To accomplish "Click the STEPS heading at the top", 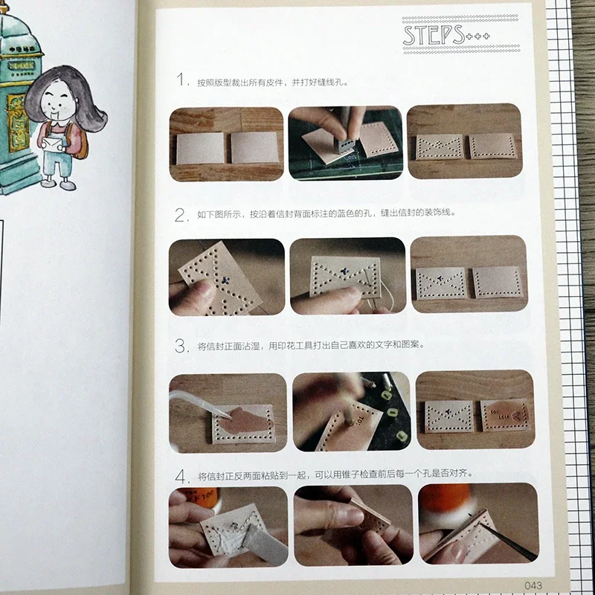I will point(433,34).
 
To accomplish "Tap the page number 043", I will point(515,583).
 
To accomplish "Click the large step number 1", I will point(179,81).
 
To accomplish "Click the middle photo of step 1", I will point(345,144).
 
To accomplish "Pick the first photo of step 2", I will point(226,277).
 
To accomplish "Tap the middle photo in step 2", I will point(347,276).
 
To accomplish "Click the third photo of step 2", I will point(469,276).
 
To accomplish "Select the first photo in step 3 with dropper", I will point(228,411).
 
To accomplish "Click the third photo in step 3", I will point(475,410).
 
